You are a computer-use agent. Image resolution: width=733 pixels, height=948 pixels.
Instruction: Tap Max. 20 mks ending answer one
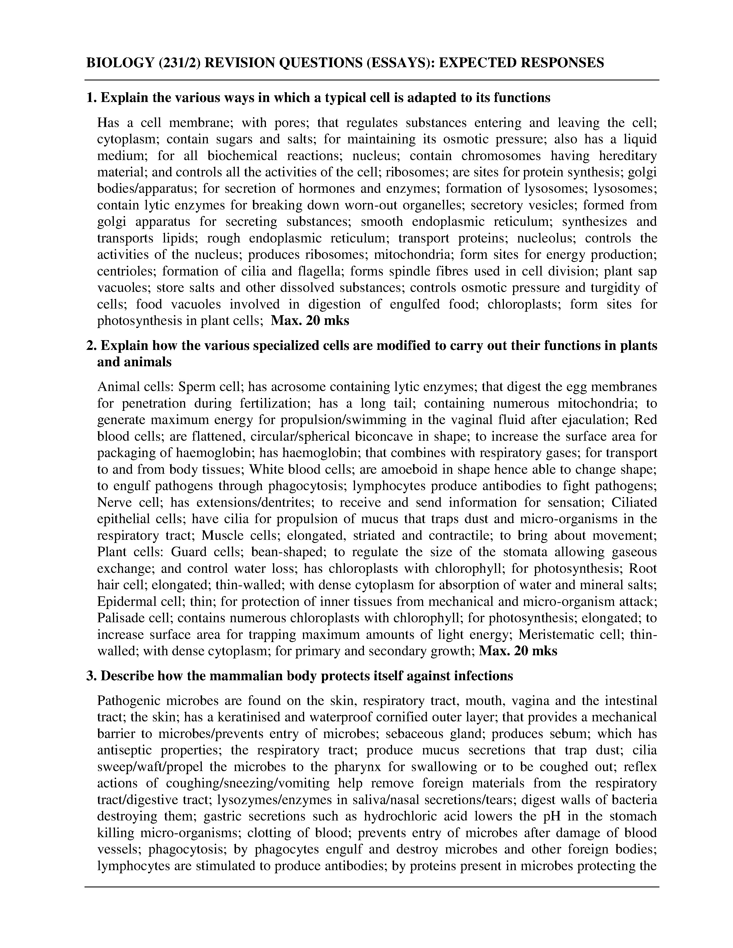click(x=310, y=321)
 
